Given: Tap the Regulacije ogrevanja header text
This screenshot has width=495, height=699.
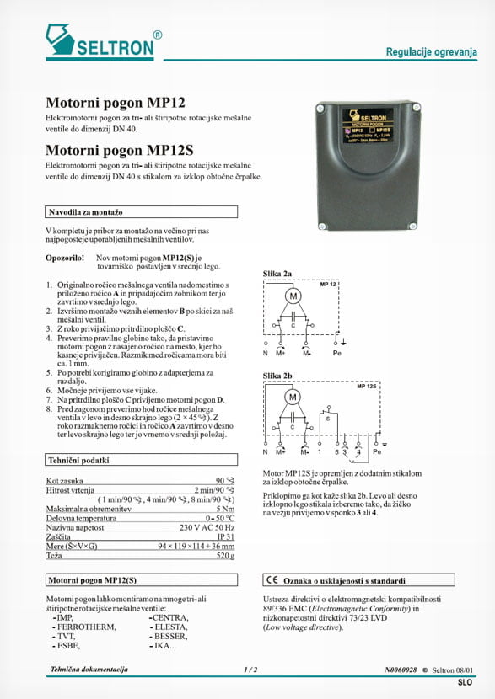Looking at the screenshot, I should coord(431,52).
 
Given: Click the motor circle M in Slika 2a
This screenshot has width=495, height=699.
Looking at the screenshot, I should coord(293,296).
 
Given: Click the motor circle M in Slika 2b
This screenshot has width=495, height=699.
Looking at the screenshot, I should coord(293,397).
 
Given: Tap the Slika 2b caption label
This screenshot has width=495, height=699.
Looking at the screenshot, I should coord(277,376).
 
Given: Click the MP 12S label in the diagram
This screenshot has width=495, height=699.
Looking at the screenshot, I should coord(366,386).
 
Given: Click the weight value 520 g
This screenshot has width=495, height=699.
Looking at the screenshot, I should coord(223,556).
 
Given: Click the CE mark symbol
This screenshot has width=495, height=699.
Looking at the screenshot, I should coord(272,580).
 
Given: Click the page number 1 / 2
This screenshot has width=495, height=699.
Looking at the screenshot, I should coord(250,670).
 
